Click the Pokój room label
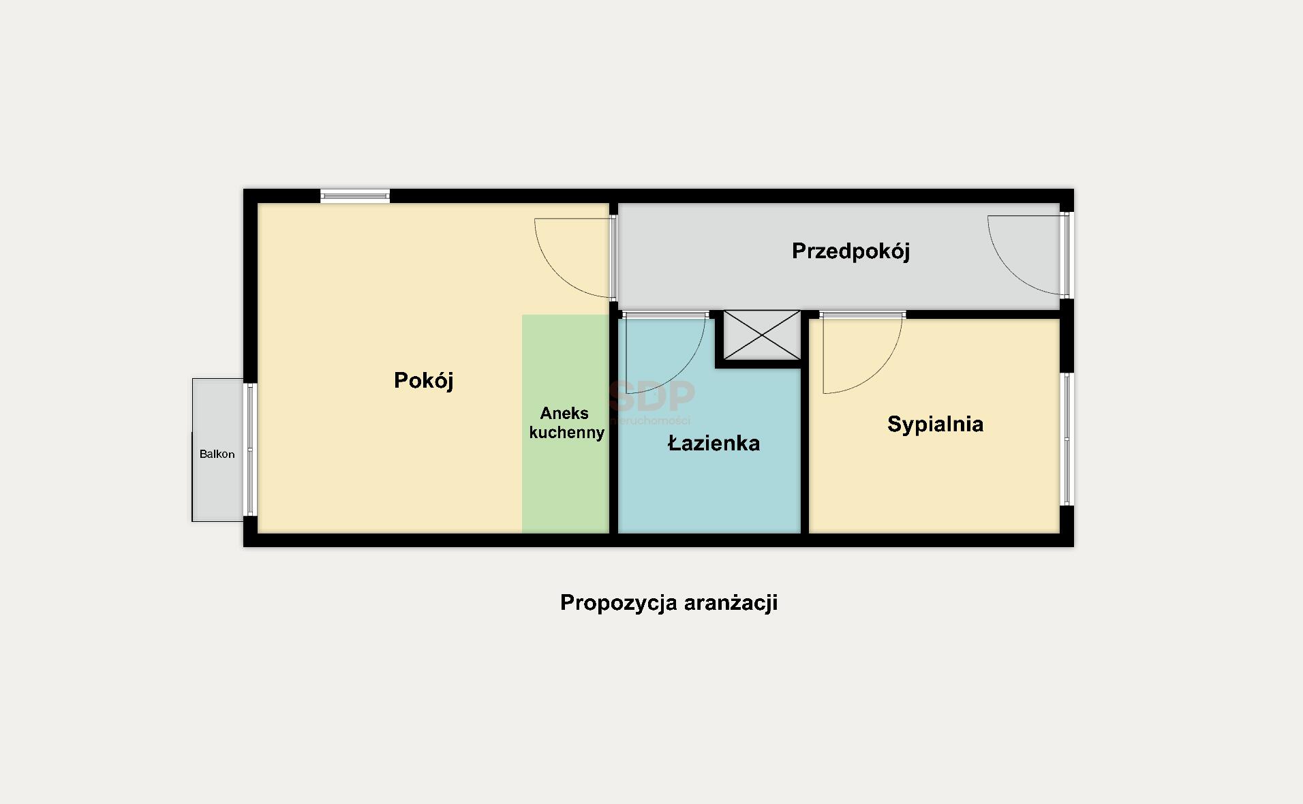(x=423, y=380)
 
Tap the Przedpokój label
(x=850, y=251)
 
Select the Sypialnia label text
(x=935, y=424)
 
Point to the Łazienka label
(x=714, y=444)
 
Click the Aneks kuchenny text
(x=566, y=422)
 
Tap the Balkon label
(x=217, y=454)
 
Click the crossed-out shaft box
(x=762, y=335)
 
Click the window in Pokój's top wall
(x=355, y=196)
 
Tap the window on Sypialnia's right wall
(x=1067, y=439)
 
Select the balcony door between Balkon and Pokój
(x=250, y=450)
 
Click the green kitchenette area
(x=565, y=491)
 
